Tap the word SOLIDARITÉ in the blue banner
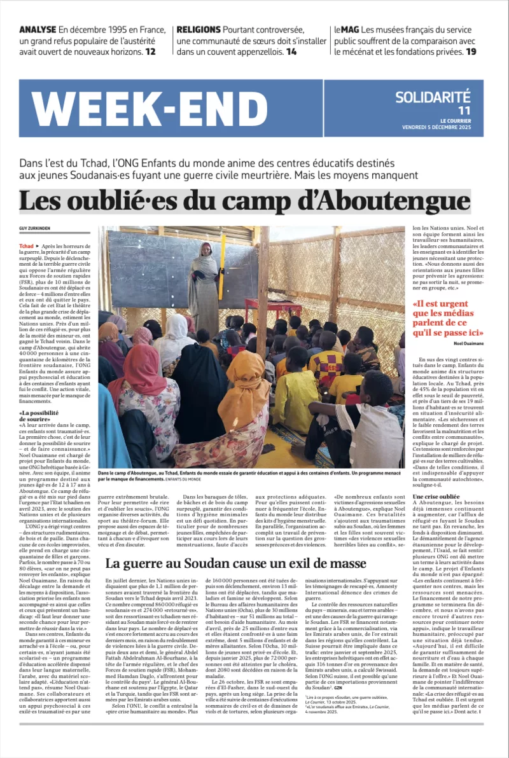coord(433,97)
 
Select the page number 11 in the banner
coord(464,111)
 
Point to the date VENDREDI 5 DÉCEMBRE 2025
coord(445,127)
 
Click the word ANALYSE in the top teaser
coord(37,29)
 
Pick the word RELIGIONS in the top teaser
coord(199,29)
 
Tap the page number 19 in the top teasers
coord(470,52)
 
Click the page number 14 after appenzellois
coord(291,52)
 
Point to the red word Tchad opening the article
coord(26,245)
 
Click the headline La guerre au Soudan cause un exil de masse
coord(235,563)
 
